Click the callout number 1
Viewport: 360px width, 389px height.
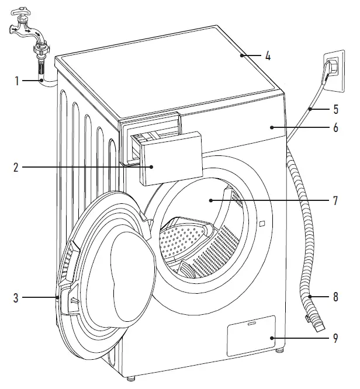18,81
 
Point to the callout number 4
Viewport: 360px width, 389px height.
267,57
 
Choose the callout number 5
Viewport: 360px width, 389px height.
335,108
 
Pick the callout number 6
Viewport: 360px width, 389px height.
335,127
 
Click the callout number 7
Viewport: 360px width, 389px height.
335,200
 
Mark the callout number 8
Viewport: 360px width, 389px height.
335,297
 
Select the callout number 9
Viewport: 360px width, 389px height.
335,338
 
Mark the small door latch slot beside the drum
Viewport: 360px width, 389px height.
261,223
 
